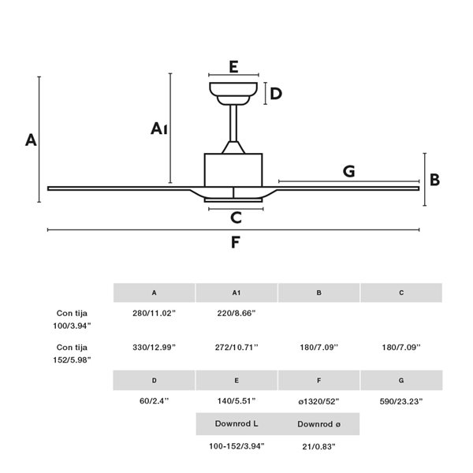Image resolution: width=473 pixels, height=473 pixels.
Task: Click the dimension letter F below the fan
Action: [x=234, y=243]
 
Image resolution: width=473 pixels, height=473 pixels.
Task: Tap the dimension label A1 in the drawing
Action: [x=160, y=128]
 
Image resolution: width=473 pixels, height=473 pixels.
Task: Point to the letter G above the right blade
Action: [x=348, y=171]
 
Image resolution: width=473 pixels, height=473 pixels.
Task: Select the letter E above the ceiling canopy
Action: [x=233, y=67]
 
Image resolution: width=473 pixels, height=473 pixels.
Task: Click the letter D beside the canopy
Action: [x=276, y=95]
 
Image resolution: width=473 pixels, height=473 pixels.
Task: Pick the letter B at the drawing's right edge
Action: [x=434, y=180]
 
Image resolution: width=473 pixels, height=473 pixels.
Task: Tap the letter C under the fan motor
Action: [x=235, y=218]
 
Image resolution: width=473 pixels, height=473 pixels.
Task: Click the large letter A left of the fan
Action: [x=31, y=140]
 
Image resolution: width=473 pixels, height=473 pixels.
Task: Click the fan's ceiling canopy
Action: [x=234, y=91]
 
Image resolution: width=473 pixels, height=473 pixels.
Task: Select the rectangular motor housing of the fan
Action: [x=233, y=169]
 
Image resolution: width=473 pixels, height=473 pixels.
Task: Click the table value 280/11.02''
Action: [x=154, y=313]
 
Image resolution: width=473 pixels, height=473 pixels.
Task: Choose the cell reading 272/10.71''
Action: [x=236, y=347]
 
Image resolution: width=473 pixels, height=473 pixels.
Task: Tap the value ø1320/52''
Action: [x=318, y=401]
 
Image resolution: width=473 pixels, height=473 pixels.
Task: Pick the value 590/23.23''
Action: [x=401, y=401]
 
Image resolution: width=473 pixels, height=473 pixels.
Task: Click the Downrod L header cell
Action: [x=236, y=424]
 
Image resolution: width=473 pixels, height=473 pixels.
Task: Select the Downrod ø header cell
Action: [x=318, y=424]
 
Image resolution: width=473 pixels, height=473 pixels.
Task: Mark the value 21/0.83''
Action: [x=318, y=446]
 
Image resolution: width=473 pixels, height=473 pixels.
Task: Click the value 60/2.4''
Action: [x=154, y=401]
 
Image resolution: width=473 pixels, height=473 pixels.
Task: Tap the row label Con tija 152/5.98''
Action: [x=73, y=353]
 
